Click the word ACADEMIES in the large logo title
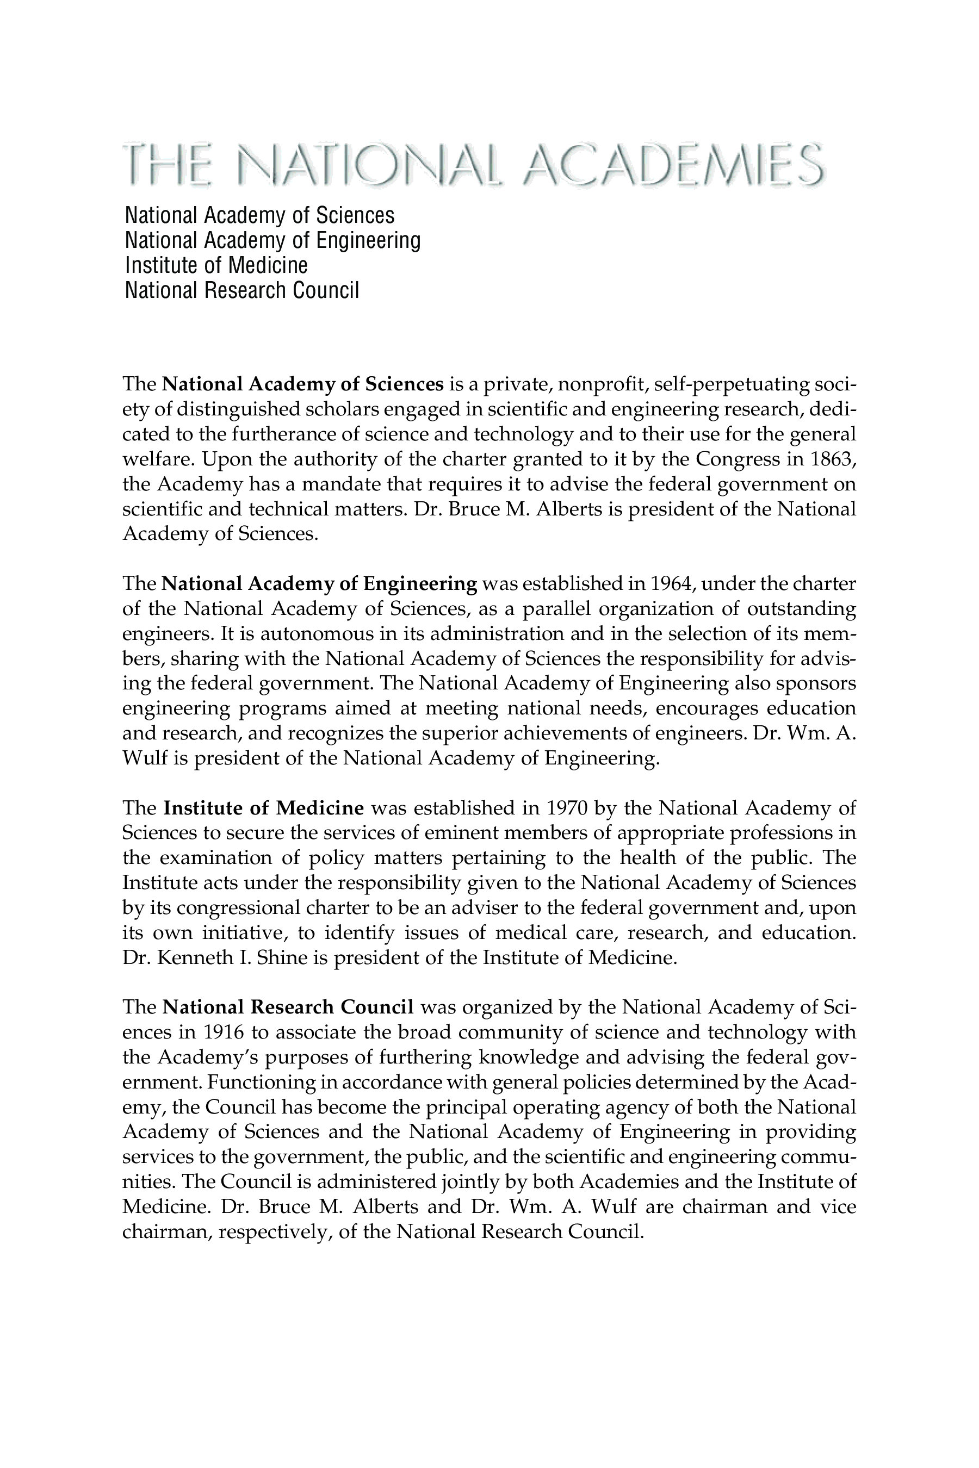[x=673, y=164]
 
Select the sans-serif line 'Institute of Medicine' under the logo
[x=216, y=266]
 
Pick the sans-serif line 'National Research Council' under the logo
[x=241, y=291]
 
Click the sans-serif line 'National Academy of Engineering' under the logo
[x=272, y=241]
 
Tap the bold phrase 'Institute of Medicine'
[x=263, y=808]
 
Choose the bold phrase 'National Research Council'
[x=288, y=1007]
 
